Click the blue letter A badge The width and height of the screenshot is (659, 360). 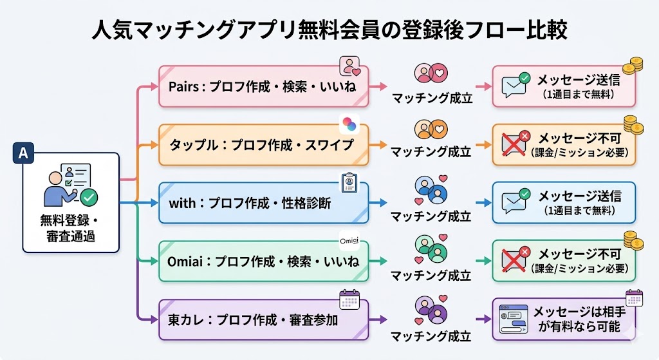pyautogui.click(x=23, y=154)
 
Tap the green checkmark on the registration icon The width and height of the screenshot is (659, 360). pyautogui.click(x=89, y=196)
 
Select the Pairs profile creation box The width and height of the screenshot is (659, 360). pyautogui.click(x=264, y=86)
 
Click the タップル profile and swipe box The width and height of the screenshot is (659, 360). pyautogui.click(x=264, y=144)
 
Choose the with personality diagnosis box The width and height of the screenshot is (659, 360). pyautogui.click(x=264, y=203)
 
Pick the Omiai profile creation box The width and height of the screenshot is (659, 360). pyautogui.click(x=264, y=261)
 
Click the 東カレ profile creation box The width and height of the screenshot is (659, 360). pyautogui.click(x=264, y=319)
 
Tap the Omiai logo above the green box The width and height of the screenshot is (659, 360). pyautogui.click(x=349, y=242)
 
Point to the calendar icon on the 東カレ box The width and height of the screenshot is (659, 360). pyautogui.click(x=349, y=299)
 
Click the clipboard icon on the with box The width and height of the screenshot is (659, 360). pyautogui.click(x=349, y=182)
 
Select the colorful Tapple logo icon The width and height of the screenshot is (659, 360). pyautogui.click(x=349, y=124)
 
